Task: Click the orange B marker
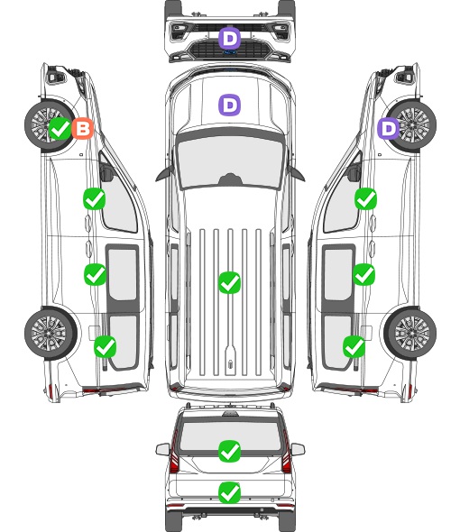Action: tap(82, 128)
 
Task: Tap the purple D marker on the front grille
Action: tap(229, 39)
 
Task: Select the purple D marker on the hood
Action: tap(229, 105)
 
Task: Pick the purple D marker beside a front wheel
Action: tap(389, 128)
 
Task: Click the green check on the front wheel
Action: tap(60, 128)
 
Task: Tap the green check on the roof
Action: tap(229, 282)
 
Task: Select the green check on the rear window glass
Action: tap(229, 451)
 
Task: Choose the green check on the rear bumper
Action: tap(229, 492)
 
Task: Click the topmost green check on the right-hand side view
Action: tap(365, 198)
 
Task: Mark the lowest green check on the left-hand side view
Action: tap(106, 347)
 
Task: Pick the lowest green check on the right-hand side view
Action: tap(354, 347)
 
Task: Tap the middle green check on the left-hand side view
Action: tap(95, 274)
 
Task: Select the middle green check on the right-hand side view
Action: tap(363, 274)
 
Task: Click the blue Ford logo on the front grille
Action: tap(229, 52)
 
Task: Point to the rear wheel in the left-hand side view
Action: tap(51, 334)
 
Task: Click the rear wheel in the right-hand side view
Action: tap(410, 334)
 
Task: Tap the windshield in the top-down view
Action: tap(230, 161)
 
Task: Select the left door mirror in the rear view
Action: tap(163, 449)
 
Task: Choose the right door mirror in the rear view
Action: tap(298, 449)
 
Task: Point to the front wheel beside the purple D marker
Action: tap(411, 125)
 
